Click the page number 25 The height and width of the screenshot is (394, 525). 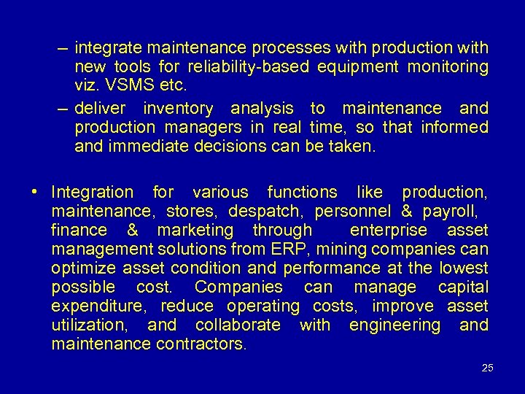tap(488, 367)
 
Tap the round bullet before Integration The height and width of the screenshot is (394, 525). tap(35, 193)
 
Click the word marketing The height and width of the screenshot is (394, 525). tap(194, 231)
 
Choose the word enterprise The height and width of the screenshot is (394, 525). tap(388, 231)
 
